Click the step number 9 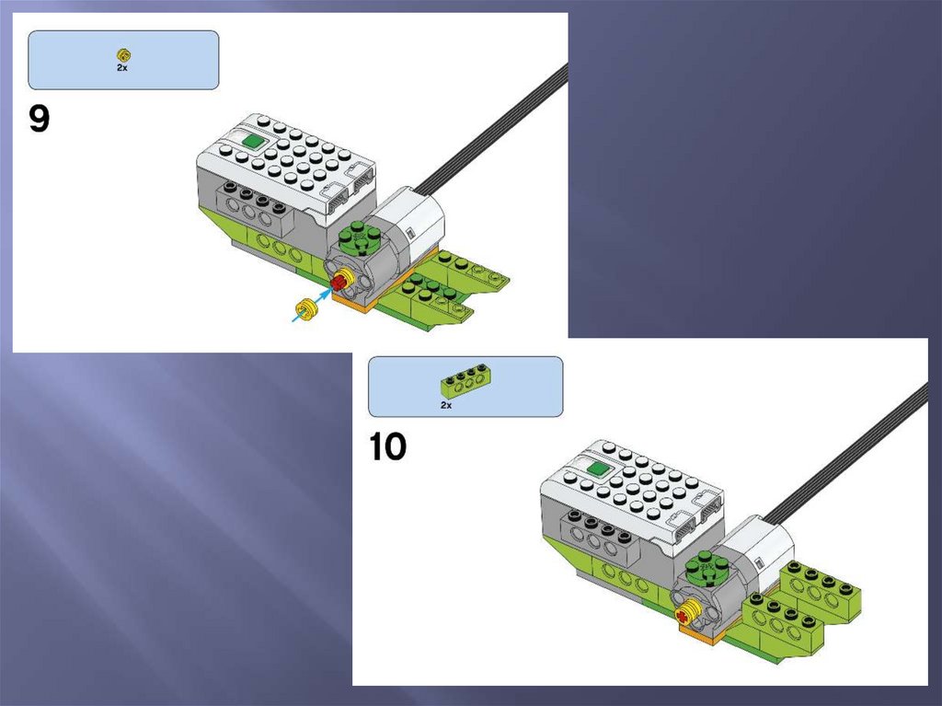click(x=39, y=119)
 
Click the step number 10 click(x=387, y=447)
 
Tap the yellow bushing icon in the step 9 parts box click(x=124, y=55)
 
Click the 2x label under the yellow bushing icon click(x=122, y=68)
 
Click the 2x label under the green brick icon click(x=446, y=405)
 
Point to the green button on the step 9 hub click(x=254, y=143)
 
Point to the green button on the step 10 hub click(x=599, y=469)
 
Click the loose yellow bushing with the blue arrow click(x=307, y=310)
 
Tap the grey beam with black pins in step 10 click(x=596, y=532)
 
